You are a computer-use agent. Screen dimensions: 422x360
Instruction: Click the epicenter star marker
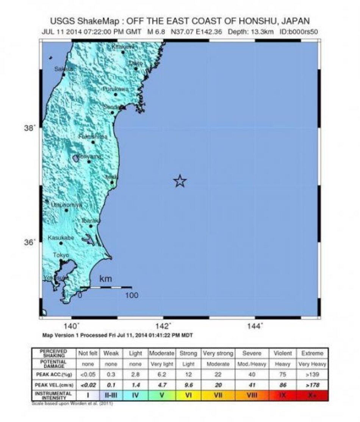[x=180, y=181]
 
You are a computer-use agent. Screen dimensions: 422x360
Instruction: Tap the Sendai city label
[x=114, y=107]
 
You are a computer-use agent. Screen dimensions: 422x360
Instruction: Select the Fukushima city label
[x=93, y=137]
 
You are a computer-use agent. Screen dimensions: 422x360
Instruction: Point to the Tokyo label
[x=61, y=255]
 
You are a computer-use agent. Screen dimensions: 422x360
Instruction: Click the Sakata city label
[x=63, y=69]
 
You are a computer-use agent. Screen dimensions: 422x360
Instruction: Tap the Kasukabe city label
[x=61, y=238]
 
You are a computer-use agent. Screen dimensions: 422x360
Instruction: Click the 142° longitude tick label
[x=164, y=325]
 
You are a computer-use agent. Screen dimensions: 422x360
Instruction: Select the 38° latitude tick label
[x=30, y=128]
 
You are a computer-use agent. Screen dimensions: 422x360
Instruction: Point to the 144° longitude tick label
[x=256, y=325]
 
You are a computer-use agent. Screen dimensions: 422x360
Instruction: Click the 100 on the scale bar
[x=131, y=295]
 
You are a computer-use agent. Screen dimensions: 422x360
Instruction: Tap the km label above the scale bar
[x=106, y=279]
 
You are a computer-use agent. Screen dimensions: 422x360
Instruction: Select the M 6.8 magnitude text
[x=157, y=31]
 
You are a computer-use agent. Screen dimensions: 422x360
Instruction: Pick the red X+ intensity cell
[x=312, y=395]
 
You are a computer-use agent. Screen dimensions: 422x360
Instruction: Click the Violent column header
[x=283, y=353]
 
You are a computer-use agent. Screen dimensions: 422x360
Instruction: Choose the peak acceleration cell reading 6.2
[x=161, y=374]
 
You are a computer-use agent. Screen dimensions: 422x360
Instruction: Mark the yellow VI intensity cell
[x=188, y=395]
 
